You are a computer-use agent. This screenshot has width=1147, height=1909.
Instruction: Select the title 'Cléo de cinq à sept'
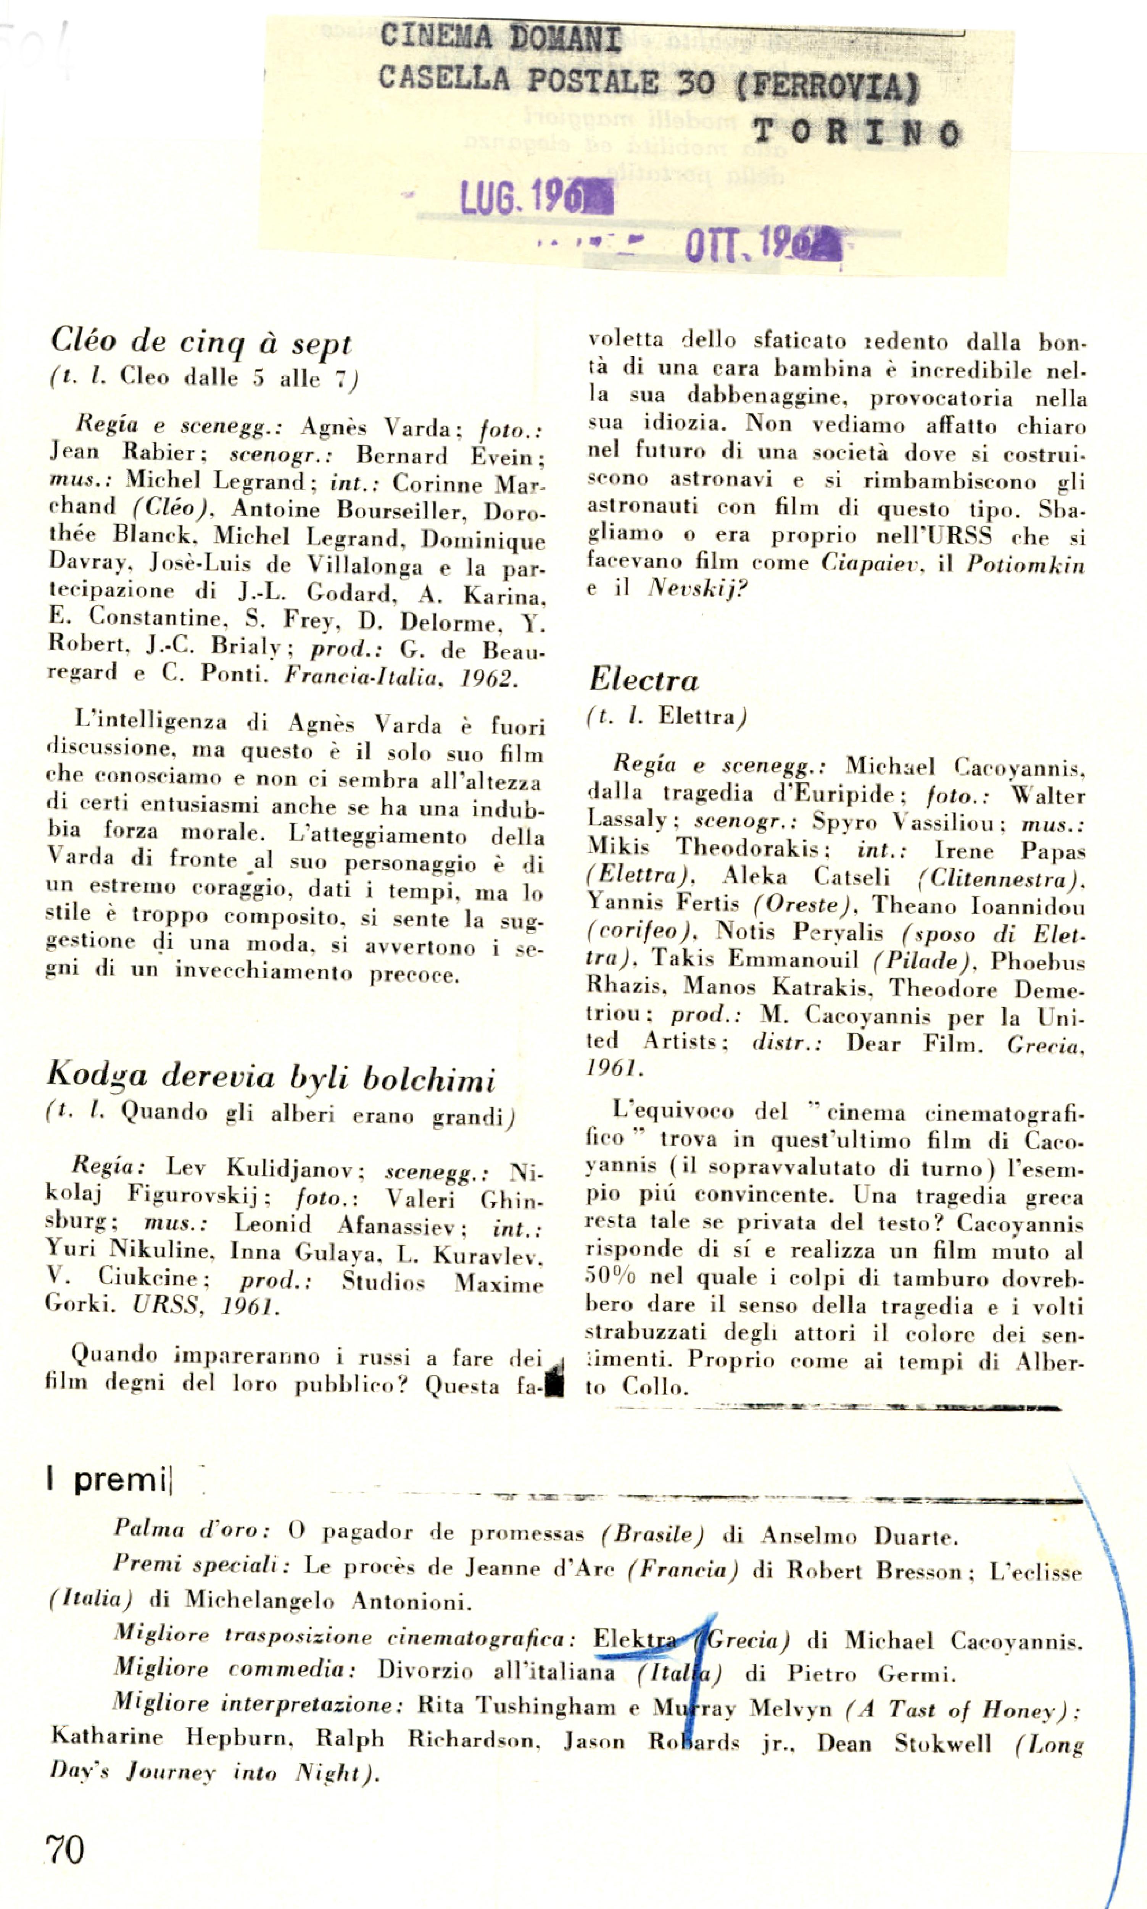tap(201, 341)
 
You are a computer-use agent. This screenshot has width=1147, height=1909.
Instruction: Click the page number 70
tap(66, 1850)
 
